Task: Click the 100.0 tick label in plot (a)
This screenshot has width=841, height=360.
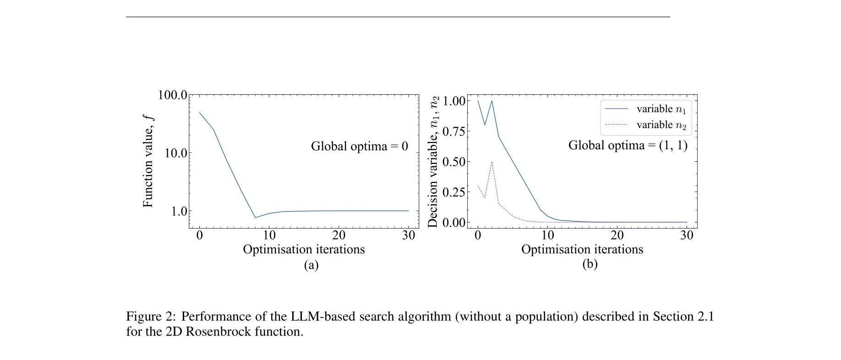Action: tap(172, 95)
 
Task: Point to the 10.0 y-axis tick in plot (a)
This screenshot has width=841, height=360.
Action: tap(176, 153)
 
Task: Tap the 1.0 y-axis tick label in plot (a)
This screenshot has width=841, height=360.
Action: tap(179, 211)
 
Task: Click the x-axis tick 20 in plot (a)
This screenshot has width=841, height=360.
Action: tap(339, 235)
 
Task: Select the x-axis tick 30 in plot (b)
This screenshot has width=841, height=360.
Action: tap(687, 235)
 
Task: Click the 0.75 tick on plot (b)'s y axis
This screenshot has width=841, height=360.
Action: tap(453, 131)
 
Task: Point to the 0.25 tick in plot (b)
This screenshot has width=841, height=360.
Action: tap(453, 192)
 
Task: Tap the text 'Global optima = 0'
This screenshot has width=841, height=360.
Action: tap(359, 146)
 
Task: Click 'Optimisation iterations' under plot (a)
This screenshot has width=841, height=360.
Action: tap(304, 250)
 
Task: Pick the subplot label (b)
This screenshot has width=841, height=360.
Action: tap(590, 264)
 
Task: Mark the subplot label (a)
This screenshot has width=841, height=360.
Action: tap(311, 265)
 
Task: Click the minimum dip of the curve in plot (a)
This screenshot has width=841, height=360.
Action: tap(255, 218)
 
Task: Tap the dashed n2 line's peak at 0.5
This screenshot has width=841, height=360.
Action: tap(491, 162)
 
